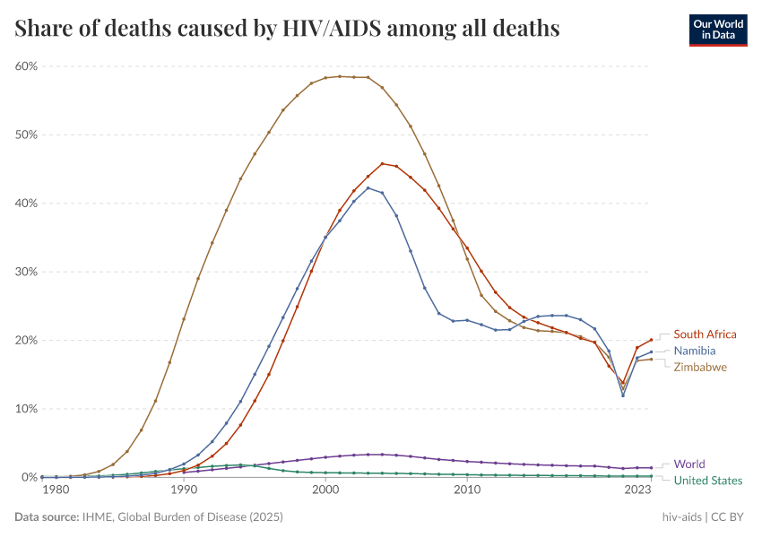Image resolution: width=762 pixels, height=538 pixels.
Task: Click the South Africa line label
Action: [x=705, y=334]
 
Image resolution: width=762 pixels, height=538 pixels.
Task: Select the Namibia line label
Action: [x=695, y=351]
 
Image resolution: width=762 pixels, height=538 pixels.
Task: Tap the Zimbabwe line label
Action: [x=700, y=367]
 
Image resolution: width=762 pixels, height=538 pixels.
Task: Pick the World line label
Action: [x=689, y=464]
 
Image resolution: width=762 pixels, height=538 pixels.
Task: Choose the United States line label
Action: [x=708, y=481]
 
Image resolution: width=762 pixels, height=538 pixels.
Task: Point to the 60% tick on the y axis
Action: [x=25, y=66]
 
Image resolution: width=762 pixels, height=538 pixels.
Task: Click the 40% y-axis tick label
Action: [x=25, y=204]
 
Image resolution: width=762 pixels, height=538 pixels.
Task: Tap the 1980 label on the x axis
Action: [x=56, y=490]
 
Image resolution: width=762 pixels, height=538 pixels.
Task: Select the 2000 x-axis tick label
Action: [x=325, y=490]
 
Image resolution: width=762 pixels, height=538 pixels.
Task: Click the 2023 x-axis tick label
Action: [x=637, y=490]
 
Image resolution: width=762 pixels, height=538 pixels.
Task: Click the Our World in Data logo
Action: [x=717, y=30]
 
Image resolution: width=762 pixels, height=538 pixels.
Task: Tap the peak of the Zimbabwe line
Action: [x=340, y=76]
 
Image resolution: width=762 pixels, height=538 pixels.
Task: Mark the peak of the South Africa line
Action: [x=383, y=163]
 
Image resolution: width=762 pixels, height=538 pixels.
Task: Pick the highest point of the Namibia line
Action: [x=368, y=187]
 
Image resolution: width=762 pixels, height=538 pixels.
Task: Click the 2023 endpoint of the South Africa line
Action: [x=652, y=340]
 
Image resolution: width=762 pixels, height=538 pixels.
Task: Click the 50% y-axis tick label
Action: [x=25, y=134]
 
